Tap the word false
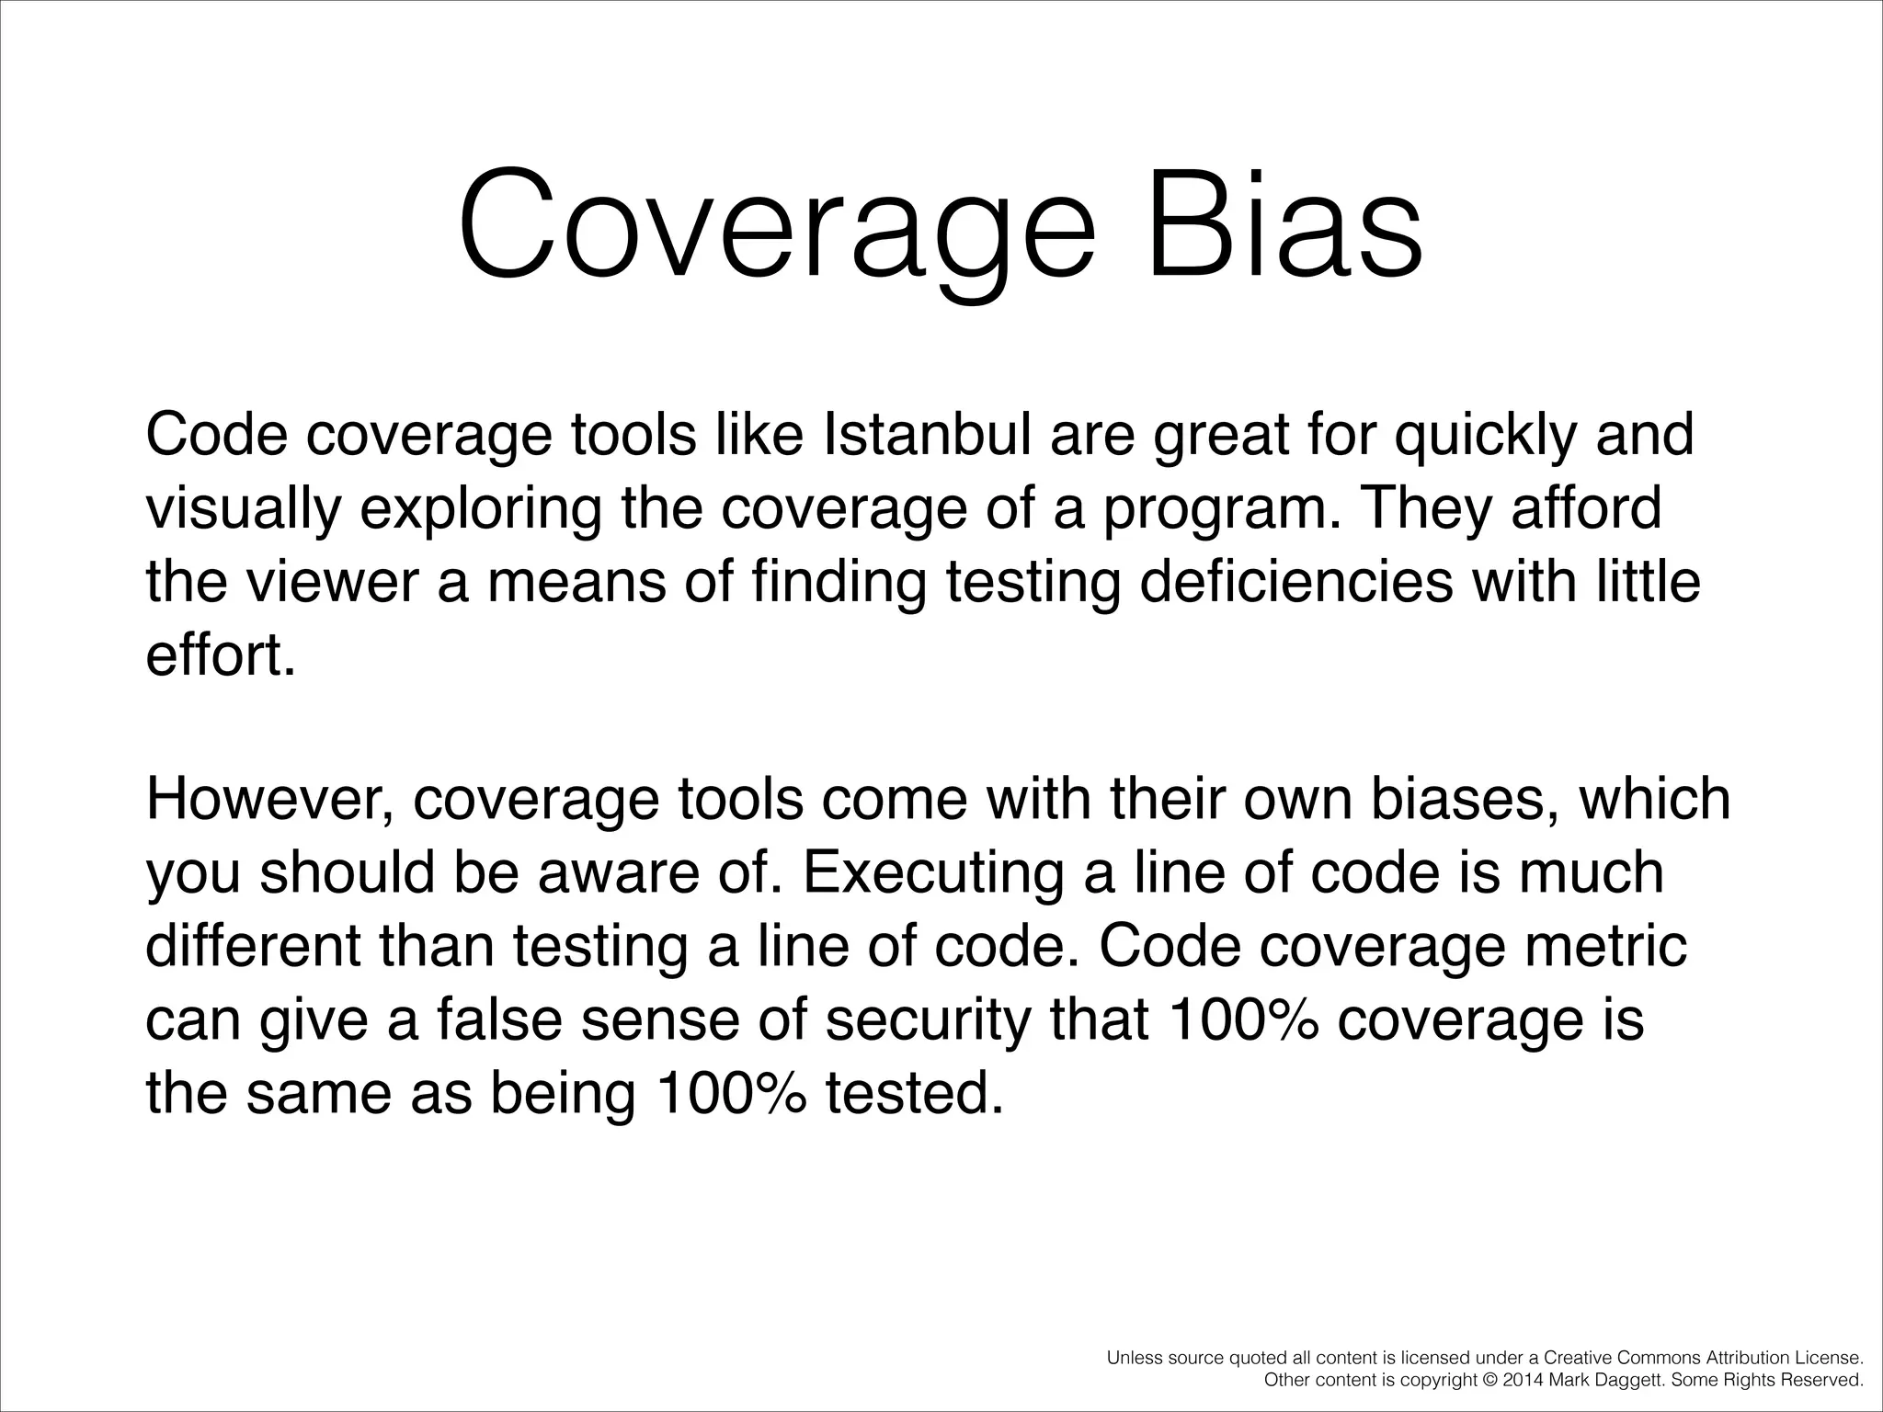pyautogui.click(x=497, y=1019)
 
